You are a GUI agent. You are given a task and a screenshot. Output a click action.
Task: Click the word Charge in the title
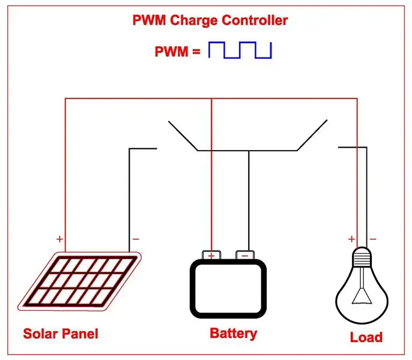(x=193, y=21)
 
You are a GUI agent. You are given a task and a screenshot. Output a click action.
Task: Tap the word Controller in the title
(x=255, y=20)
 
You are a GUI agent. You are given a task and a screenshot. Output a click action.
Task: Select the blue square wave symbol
(x=240, y=50)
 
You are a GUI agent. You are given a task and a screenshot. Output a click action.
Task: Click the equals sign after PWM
(x=196, y=51)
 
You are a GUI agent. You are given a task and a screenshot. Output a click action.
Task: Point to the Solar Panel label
(x=61, y=334)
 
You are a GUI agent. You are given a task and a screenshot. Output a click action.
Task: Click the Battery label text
(x=233, y=334)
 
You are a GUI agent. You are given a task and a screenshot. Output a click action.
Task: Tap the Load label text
(x=366, y=337)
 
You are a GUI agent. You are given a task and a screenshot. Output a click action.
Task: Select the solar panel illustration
(x=79, y=281)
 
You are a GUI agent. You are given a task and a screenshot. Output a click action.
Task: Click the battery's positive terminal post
(x=211, y=255)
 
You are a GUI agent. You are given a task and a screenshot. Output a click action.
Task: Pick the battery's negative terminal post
(x=245, y=255)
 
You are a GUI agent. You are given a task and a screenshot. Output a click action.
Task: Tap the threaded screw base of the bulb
(x=362, y=257)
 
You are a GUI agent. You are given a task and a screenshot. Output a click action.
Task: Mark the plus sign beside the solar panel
(x=59, y=239)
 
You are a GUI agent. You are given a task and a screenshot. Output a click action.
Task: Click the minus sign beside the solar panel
(x=136, y=239)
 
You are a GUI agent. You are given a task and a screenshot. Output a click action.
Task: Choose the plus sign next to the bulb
(x=351, y=239)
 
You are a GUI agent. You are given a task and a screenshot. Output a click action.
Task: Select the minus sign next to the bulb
(x=373, y=239)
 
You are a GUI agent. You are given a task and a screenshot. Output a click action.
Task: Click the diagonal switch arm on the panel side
(x=183, y=136)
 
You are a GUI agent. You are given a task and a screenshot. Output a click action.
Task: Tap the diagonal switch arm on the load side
(x=312, y=135)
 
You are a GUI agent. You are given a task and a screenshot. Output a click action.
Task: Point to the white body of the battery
(x=228, y=289)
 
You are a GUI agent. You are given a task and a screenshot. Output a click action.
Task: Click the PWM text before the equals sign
(x=172, y=52)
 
